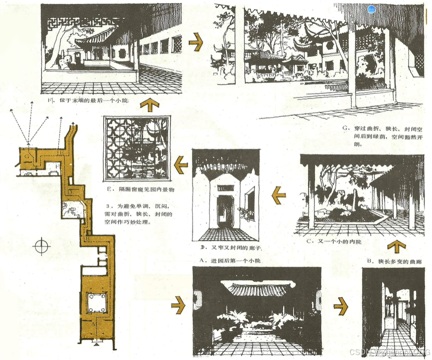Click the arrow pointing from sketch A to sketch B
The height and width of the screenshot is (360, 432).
(341, 306)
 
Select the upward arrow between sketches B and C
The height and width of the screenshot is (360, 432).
(396, 246)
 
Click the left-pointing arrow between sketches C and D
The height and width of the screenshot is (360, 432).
(279, 195)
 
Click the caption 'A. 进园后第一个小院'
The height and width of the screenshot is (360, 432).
(230, 261)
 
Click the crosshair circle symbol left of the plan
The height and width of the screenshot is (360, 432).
(41, 246)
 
